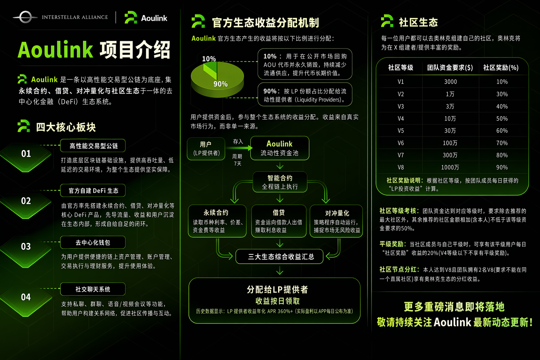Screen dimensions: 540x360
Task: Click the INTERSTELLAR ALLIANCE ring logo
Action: [x=25, y=17]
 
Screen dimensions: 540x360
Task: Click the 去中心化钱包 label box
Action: [x=93, y=242]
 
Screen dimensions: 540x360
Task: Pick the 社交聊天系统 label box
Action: [x=93, y=289]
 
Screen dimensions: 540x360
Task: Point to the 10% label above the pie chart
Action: [x=209, y=59]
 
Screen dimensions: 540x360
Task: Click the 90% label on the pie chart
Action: [x=220, y=84]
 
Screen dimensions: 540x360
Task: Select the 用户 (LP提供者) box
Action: [x=206, y=148]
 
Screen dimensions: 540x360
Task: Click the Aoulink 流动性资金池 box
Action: [x=279, y=148]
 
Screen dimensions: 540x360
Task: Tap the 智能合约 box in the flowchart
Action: [x=280, y=182]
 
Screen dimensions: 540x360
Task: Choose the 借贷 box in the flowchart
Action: [x=279, y=221]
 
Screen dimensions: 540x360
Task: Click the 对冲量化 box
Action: [x=336, y=221]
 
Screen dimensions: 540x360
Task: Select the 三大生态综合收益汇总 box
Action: [x=279, y=257]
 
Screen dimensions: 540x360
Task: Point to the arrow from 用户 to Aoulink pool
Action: [x=239, y=148]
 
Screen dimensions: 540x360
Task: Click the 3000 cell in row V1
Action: [x=450, y=82]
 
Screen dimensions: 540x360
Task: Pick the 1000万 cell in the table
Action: [x=450, y=167]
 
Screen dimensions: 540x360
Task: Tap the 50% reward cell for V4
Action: [x=502, y=118]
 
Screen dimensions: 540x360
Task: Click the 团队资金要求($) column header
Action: [x=450, y=67]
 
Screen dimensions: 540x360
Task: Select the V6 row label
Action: [x=401, y=143]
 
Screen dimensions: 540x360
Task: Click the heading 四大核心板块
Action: [x=66, y=127]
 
